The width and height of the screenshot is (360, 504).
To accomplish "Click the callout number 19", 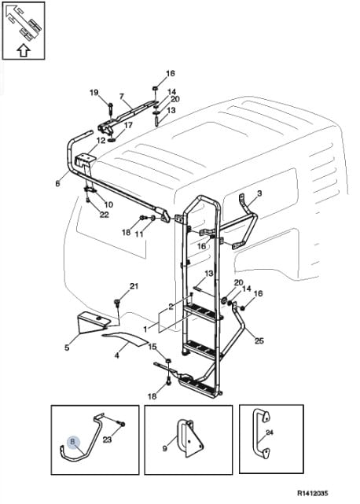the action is point(94,93).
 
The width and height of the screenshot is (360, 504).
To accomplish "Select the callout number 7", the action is point(122,97).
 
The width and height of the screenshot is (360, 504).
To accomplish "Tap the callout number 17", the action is point(128,125).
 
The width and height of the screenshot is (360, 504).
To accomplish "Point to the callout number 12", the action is point(101,141).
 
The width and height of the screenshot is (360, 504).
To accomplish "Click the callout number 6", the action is point(57,183).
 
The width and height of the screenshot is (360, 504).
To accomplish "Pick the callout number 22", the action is point(104,215).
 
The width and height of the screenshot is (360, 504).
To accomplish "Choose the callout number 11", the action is point(139,234).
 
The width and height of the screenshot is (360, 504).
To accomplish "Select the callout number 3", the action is point(259,193).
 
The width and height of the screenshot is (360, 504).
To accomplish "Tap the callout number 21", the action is point(134,285).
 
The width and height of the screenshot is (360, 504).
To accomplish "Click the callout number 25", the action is point(259,340).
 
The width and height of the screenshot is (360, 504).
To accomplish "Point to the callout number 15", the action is point(152,347).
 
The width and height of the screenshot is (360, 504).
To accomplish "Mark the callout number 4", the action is point(117,355).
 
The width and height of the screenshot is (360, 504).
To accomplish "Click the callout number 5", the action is point(67,348).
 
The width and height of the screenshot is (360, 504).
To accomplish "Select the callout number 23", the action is point(107,439).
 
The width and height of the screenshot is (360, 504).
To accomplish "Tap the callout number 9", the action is point(165,448).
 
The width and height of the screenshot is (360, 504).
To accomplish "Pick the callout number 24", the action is point(270,432).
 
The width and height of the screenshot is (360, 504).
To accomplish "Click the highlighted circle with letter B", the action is point(72,443).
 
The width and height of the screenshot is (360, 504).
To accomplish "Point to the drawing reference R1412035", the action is point(312,493).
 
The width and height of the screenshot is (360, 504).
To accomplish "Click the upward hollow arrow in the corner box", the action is point(23,50).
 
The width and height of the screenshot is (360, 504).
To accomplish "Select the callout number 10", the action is point(108,204).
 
